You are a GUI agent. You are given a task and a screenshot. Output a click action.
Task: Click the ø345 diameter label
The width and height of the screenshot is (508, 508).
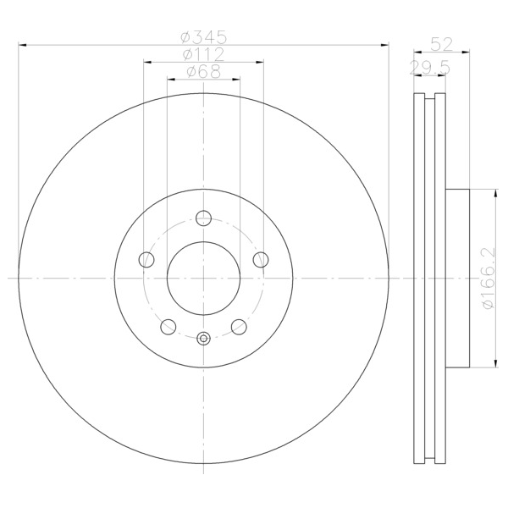pos(203,37)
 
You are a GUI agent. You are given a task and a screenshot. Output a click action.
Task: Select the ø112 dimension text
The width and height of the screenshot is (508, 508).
pos(203,54)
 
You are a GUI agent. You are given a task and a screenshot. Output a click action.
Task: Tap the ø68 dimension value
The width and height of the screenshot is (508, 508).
pos(204,71)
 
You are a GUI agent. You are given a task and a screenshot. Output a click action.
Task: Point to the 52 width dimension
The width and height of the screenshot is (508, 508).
pos(442,44)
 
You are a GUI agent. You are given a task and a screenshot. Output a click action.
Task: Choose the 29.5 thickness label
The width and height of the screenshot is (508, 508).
pos(429,68)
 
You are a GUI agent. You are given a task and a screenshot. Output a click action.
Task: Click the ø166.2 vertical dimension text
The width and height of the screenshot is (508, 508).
pos(489,279)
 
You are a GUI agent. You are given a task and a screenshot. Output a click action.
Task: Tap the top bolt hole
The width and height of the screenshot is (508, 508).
pos(204,218)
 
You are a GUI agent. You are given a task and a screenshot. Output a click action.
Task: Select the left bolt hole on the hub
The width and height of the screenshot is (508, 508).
pos(146,260)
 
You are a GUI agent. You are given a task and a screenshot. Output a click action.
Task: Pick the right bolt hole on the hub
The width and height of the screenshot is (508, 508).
pos(261,260)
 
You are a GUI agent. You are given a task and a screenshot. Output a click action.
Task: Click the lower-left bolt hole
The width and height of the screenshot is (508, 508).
pos(168,327)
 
